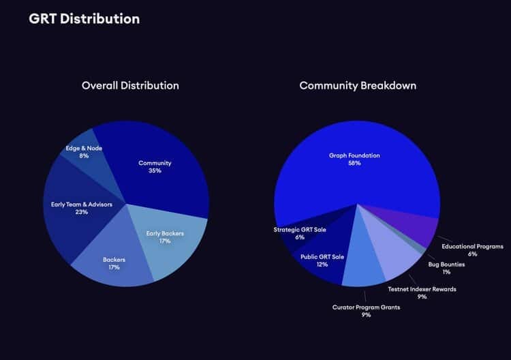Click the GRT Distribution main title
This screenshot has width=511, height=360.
[x=84, y=18]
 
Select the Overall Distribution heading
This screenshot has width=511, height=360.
[x=130, y=86]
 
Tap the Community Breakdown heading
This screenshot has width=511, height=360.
[x=358, y=86]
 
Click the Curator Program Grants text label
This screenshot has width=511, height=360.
[x=366, y=307]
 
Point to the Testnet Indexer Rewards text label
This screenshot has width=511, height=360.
[x=422, y=289]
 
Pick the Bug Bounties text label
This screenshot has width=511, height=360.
[x=446, y=264]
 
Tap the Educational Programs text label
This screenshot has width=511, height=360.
[x=471, y=246]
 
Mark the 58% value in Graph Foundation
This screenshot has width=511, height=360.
[x=354, y=164]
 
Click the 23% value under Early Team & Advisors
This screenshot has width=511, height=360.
[x=82, y=212]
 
